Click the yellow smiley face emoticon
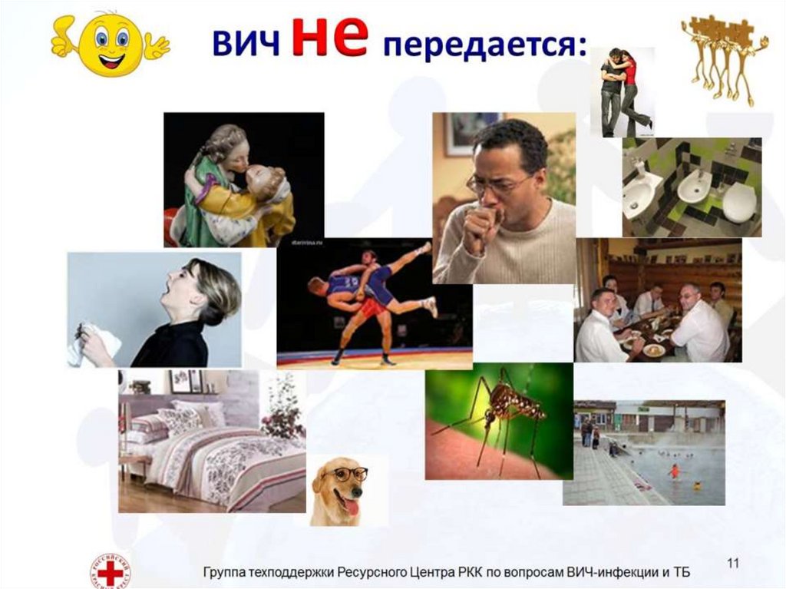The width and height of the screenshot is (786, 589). (x=111, y=45)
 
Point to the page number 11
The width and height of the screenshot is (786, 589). (x=733, y=564)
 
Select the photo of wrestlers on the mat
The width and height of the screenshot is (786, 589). (x=374, y=303)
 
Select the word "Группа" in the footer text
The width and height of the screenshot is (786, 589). (x=226, y=574)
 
